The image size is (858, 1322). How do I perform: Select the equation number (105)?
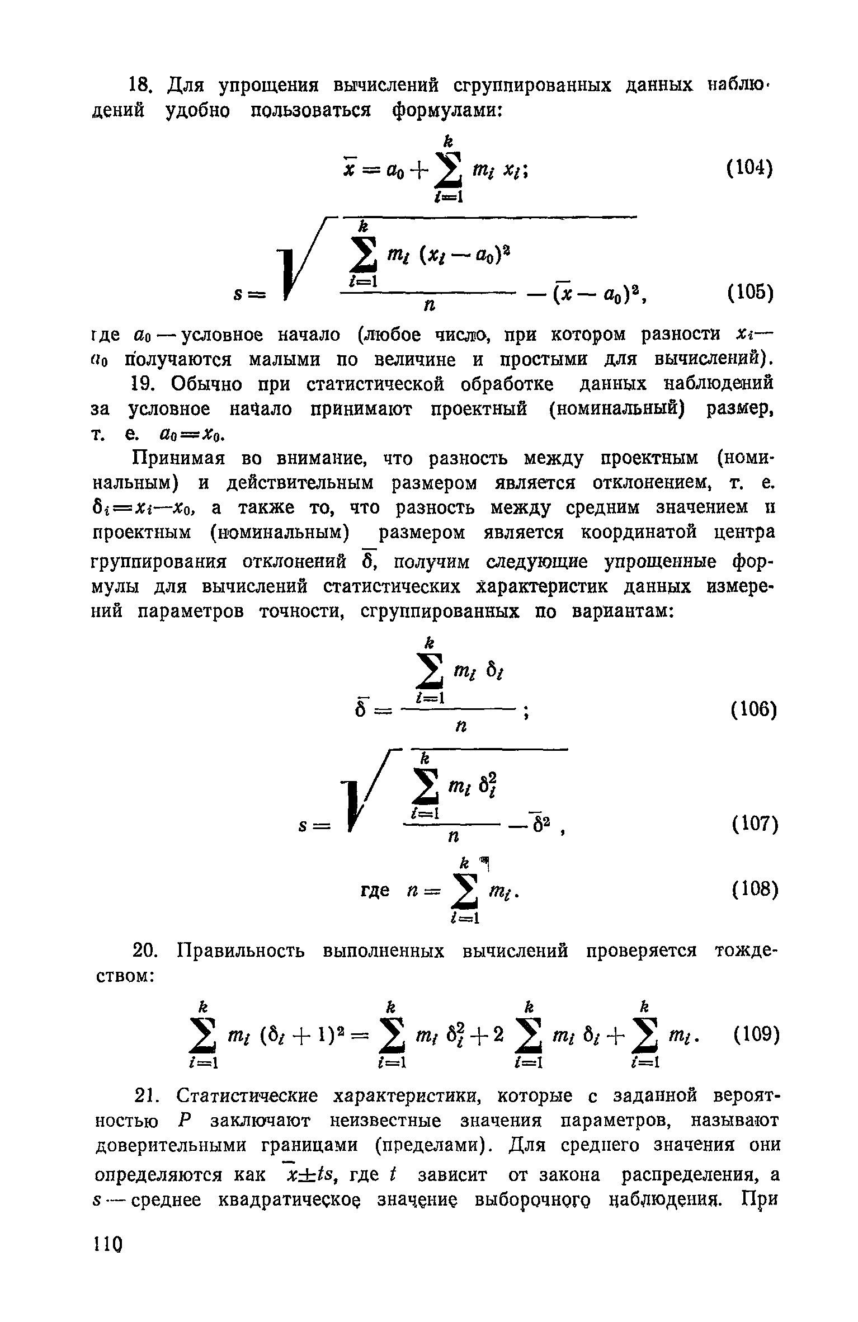750,292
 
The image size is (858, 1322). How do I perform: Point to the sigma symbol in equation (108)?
465,893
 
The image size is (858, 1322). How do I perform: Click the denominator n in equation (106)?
460,726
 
